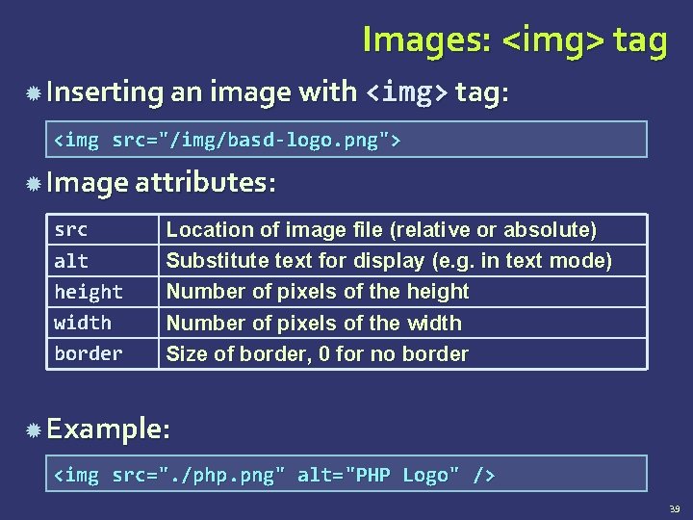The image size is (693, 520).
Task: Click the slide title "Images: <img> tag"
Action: coord(514,40)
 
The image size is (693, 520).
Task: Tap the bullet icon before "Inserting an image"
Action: coord(33,92)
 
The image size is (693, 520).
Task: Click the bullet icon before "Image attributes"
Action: coord(33,182)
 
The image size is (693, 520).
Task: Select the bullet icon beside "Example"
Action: coord(33,428)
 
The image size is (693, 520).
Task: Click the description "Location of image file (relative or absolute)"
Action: coord(381,230)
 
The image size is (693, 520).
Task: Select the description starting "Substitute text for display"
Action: coord(389,261)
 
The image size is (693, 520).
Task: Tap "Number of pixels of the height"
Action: coord(318,292)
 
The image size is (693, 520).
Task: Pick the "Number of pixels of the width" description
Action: coord(314,323)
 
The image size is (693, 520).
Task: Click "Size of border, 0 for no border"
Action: coord(318,353)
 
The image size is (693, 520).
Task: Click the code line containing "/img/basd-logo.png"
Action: coord(226,141)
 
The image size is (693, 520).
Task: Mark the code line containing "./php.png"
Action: coord(274,475)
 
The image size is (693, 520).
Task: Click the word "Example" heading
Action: coord(103,428)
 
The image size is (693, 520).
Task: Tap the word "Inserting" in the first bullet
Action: coord(105,92)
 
